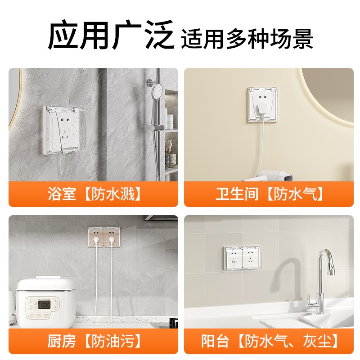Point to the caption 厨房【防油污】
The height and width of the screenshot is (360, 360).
[x=94, y=340]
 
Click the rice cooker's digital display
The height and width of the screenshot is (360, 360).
[x=45, y=305]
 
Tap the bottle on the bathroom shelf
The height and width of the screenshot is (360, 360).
[x=170, y=153]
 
